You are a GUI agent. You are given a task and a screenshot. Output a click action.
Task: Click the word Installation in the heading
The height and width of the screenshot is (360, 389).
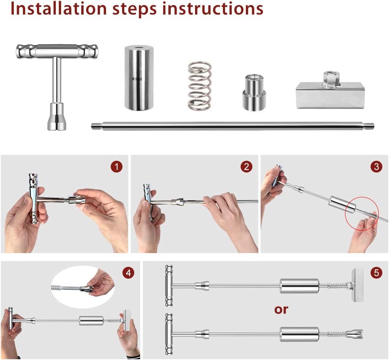point(58,9)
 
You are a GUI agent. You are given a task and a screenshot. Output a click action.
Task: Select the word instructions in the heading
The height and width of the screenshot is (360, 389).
point(213,9)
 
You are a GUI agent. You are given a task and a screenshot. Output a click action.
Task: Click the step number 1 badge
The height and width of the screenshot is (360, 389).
point(117,167)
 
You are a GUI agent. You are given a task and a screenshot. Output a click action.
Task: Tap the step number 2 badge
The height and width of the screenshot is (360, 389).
point(247,167)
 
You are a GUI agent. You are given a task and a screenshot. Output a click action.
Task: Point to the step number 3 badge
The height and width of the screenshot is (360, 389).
point(376,167)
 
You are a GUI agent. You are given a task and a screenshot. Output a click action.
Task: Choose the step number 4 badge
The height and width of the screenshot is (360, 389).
point(128,273)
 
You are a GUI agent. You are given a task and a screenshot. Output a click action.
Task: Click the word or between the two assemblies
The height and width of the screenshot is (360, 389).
point(281,310)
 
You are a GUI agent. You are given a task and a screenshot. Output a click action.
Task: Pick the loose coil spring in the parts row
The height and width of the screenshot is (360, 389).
point(200,86)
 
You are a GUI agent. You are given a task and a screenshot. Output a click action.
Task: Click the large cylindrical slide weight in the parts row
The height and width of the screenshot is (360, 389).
point(139,78)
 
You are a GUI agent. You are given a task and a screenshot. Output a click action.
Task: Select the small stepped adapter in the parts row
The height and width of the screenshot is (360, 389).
point(254,93)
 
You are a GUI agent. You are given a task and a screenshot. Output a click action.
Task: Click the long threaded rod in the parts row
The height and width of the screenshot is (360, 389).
point(232,126)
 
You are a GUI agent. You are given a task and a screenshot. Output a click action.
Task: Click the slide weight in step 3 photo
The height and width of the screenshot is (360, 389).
point(342,204)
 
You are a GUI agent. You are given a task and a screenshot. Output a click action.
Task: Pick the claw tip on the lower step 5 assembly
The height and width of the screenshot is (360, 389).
point(356,334)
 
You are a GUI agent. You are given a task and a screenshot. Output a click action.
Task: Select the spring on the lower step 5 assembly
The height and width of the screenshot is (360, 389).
point(336,334)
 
